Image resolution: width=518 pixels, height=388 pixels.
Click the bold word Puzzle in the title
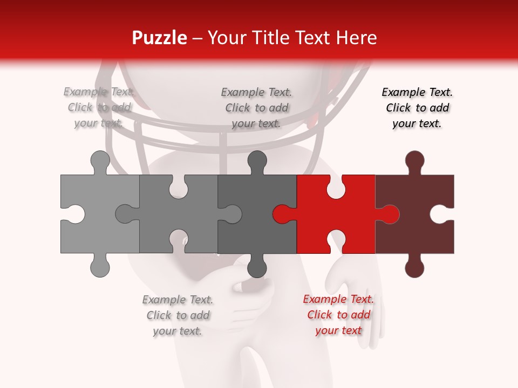click(160, 38)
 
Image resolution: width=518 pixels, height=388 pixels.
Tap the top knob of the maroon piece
click(414, 161)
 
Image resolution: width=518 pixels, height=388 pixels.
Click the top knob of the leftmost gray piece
click(100, 161)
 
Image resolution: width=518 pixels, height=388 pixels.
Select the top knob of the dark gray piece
click(257, 161)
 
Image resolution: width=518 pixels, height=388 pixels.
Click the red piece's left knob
click(282, 214)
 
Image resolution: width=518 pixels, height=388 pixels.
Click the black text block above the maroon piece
click(417, 108)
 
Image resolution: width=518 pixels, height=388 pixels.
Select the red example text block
click(338, 315)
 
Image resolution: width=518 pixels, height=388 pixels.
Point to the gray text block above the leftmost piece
click(99, 107)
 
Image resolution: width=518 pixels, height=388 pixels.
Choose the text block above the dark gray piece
click(256, 108)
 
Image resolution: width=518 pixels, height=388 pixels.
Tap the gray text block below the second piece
click(178, 315)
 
